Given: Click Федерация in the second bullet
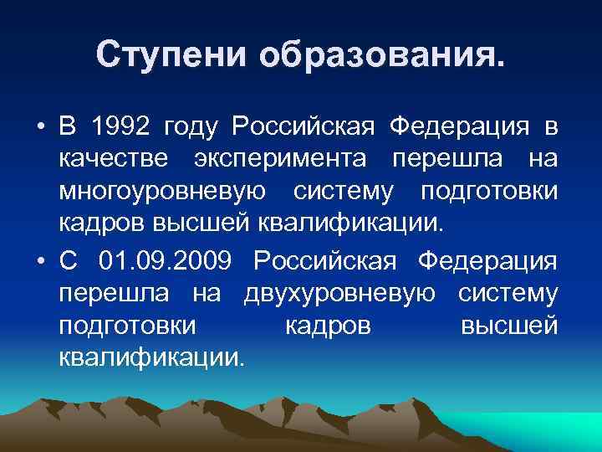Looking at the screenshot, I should [x=487, y=262].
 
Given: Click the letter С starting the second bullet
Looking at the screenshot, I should [x=68, y=262].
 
